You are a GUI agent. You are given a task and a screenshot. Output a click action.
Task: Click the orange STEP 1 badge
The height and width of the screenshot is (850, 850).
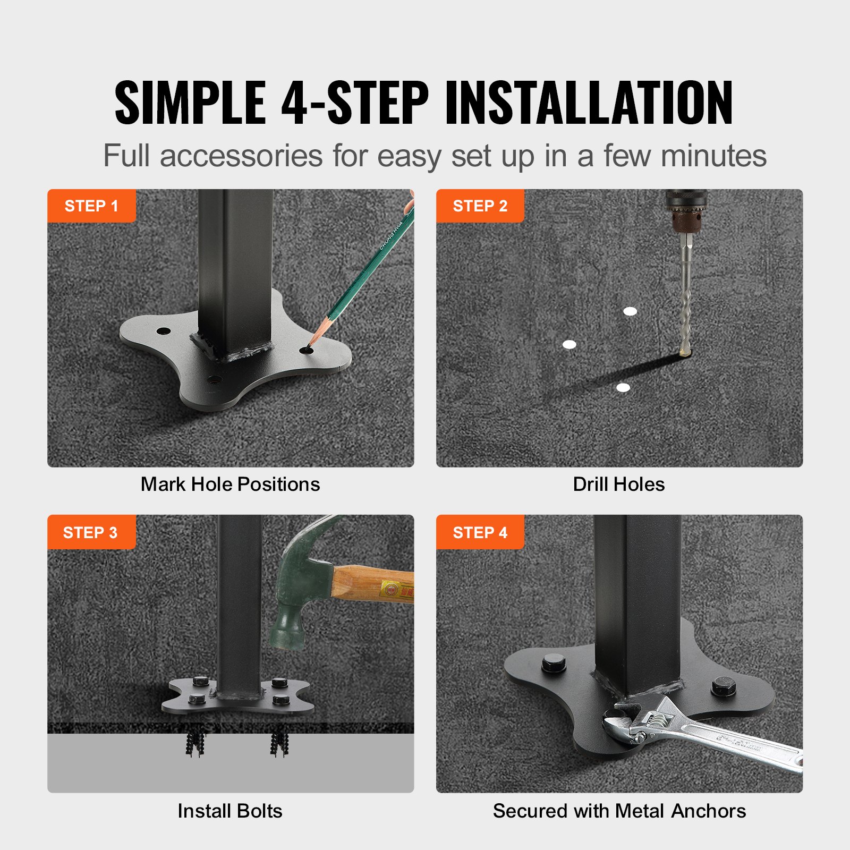tap(91, 206)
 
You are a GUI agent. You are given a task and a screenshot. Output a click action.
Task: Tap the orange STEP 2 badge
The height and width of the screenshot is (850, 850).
tap(480, 206)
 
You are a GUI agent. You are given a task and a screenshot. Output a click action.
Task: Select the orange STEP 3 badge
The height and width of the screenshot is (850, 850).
tap(91, 532)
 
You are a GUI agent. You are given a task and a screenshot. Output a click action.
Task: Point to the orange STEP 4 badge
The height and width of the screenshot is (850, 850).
tap(480, 532)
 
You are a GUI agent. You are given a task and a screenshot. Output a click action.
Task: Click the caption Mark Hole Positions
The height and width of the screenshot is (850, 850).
tap(230, 484)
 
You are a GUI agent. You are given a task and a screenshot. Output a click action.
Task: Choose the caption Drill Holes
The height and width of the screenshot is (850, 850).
tap(619, 484)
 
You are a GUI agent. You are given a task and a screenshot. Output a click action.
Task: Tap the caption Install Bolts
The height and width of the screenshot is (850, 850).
tap(230, 811)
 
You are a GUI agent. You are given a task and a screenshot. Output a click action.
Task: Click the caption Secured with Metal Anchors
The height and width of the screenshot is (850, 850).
tap(619, 811)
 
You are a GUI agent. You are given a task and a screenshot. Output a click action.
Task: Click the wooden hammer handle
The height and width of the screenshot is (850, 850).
tap(372, 584)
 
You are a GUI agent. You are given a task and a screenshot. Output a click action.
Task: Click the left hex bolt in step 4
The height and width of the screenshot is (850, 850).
tap(554, 664)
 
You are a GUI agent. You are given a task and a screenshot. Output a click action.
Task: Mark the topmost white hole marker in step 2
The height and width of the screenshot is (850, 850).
tap(630, 311)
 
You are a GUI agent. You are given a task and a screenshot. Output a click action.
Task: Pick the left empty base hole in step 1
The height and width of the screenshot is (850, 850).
tap(163, 331)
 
